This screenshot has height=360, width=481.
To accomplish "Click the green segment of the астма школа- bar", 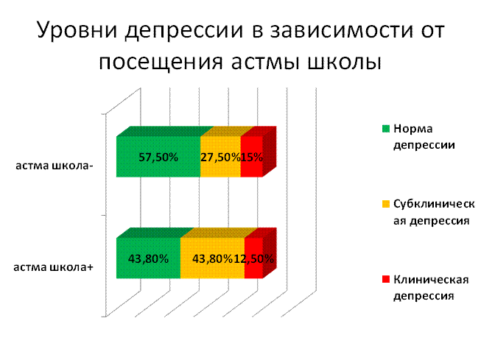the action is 158,157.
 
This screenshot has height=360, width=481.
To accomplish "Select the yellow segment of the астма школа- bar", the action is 220,157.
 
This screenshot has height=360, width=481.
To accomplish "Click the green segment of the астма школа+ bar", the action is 148,258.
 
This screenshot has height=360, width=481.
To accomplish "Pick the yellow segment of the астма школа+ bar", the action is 212,258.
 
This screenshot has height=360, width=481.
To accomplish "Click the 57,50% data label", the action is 158,158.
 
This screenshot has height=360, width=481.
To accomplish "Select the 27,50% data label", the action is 220,158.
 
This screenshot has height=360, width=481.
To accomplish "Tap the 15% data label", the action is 252,158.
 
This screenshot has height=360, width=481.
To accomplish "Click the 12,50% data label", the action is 254,259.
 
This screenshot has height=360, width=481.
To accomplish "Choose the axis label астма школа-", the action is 55,166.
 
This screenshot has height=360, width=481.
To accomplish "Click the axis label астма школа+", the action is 53,267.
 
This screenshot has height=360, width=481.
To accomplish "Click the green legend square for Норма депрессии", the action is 386,129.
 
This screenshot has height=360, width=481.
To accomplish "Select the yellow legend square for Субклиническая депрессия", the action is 386,204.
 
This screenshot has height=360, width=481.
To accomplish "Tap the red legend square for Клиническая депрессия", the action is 386,279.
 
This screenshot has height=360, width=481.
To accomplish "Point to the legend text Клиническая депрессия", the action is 431,288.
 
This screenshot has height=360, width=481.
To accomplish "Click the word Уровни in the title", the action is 77,30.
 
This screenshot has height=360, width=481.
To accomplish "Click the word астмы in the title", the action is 265,63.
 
